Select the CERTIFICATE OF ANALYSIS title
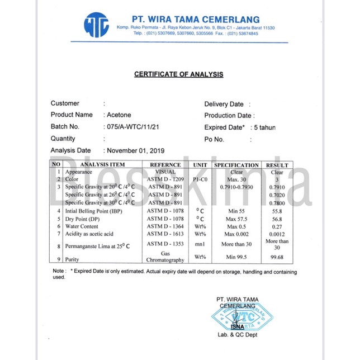click(179, 74)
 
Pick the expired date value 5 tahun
click(265, 127)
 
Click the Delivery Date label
click(224, 104)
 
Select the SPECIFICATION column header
click(236, 165)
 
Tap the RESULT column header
click(277, 165)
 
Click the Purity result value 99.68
click(277, 257)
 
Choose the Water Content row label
click(82, 226)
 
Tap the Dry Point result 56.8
click(277, 219)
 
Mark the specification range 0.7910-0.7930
click(236, 187)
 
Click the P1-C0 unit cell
click(200, 179)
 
